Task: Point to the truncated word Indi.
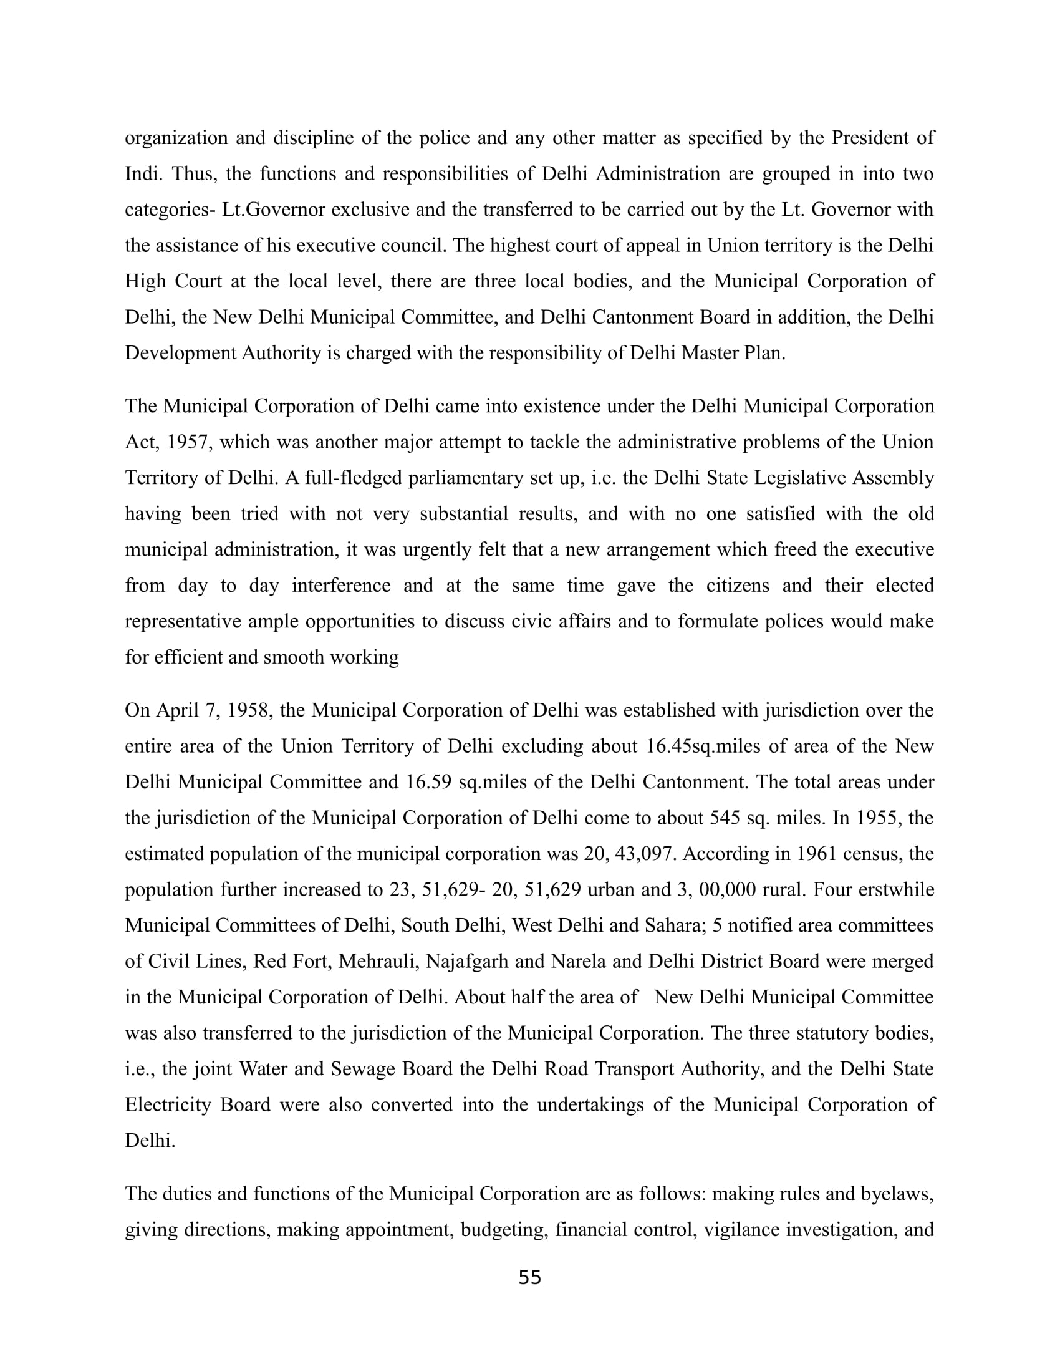coord(142,173)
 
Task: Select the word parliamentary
coord(468,478)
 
